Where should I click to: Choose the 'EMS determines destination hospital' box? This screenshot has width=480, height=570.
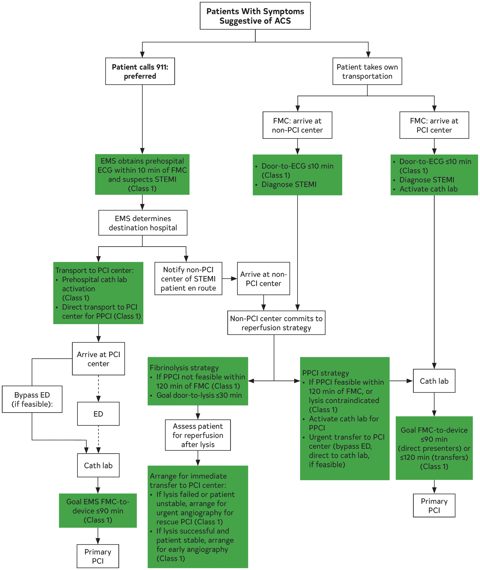[143, 223]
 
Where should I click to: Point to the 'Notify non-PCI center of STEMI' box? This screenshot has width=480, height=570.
[188, 279]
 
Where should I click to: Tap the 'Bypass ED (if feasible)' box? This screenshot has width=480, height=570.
[32, 399]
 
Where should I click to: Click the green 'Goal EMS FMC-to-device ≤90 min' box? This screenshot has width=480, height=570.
[98, 511]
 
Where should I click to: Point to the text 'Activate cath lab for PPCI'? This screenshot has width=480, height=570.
[344, 423]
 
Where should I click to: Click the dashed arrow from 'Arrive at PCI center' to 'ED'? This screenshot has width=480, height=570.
[98, 389]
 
